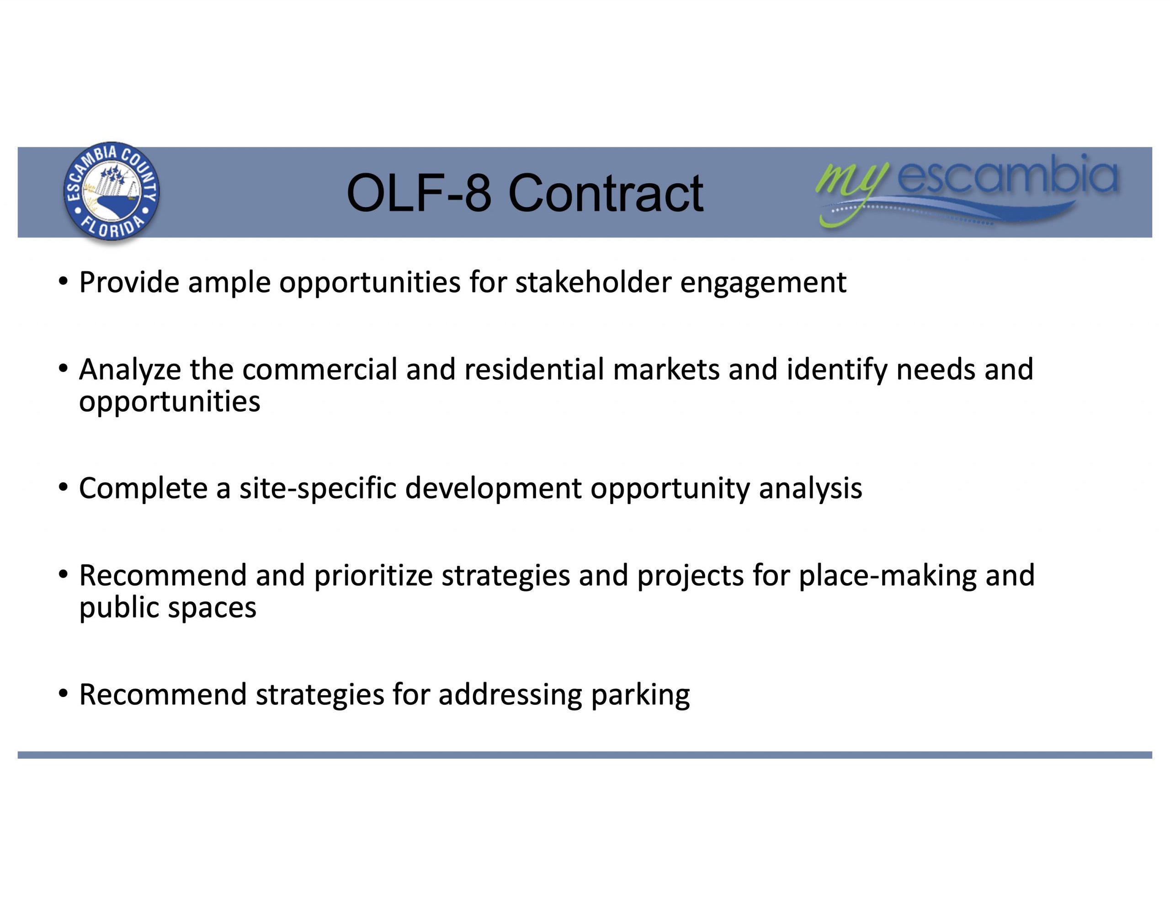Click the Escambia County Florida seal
point(112,191)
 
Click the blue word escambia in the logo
point(1007,174)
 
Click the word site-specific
point(318,489)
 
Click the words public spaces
point(168,609)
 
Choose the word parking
point(641,696)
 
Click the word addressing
point(510,696)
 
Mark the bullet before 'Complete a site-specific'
point(63,488)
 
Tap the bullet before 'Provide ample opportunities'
point(63,282)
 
